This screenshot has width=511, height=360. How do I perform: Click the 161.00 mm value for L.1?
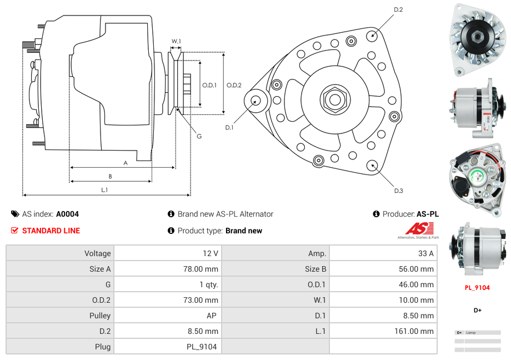(419, 331)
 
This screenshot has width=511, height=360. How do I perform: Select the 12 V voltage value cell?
(210, 253)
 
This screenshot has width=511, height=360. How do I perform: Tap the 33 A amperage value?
(425, 253)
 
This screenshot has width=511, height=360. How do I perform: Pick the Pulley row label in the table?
(99, 316)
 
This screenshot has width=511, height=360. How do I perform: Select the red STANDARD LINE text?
(51, 231)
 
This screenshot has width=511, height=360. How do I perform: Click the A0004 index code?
(67, 214)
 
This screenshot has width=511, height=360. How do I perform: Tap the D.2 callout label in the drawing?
(398, 9)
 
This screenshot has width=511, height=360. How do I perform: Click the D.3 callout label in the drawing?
(398, 191)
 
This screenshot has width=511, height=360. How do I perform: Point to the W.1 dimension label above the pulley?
(176, 41)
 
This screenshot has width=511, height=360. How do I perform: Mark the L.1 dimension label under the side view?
(104, 190)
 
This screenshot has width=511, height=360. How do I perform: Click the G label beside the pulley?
(199, 136)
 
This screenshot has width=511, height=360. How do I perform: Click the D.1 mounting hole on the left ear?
(256, 101)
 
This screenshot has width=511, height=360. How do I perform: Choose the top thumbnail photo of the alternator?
(477, 41)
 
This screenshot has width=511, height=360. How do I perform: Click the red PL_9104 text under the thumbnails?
(477, 288)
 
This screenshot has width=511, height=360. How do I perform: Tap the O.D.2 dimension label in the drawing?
(234, 85)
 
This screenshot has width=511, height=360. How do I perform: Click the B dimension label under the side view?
(110, 176)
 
